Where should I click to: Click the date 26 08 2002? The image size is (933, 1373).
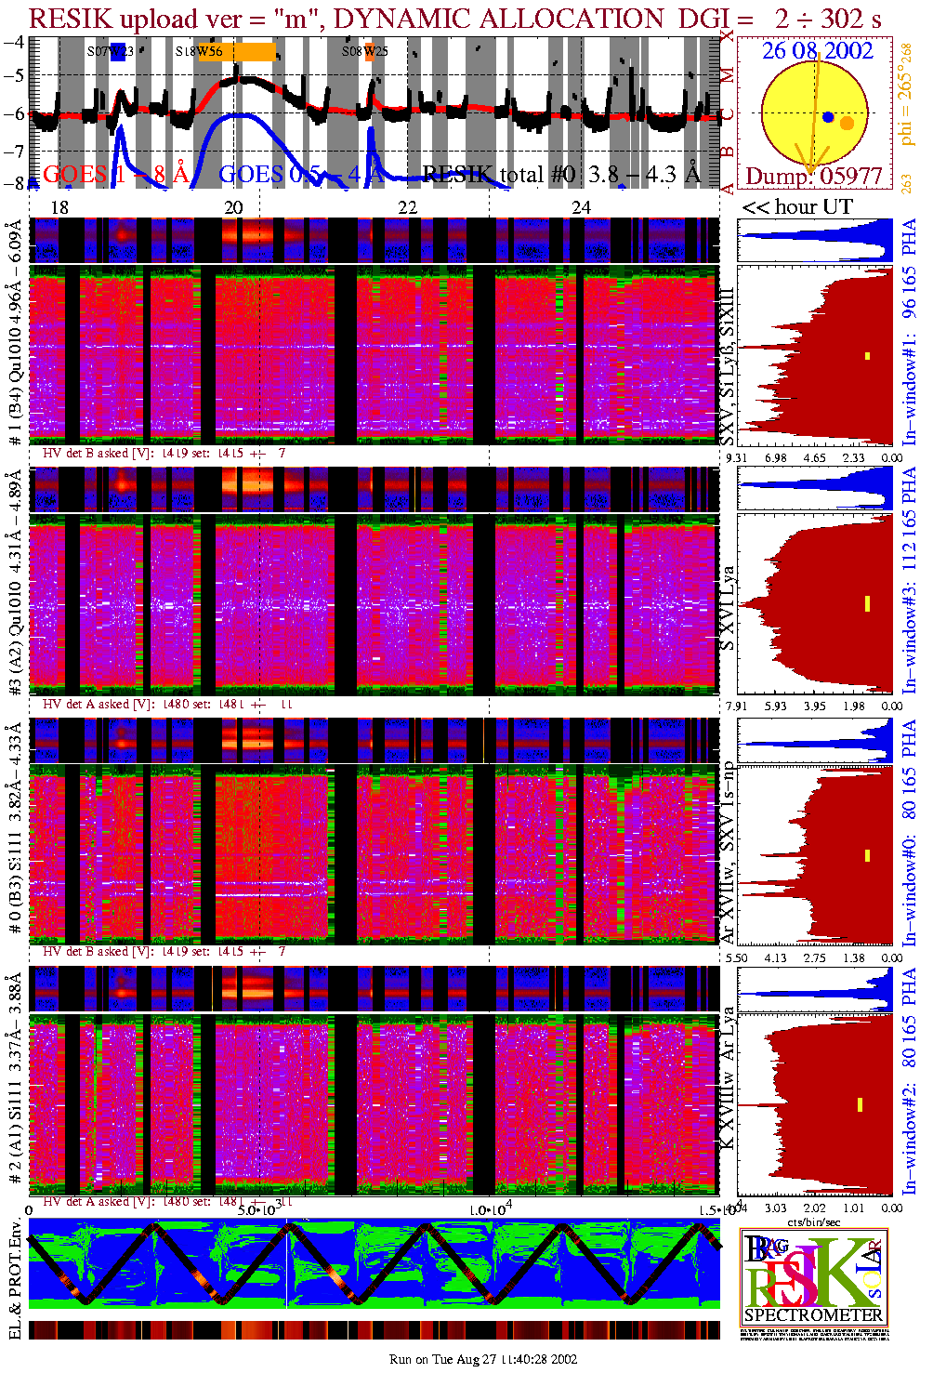(818, 51)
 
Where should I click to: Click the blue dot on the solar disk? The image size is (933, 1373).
(828, 117)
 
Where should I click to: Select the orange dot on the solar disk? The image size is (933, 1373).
(847, 123)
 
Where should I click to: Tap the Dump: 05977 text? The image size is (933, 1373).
(814, 177)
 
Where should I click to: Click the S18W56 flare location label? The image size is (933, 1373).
(199, 52)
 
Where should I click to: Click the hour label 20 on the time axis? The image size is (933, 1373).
(233, 207)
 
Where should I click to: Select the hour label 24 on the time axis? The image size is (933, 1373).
(581, 207)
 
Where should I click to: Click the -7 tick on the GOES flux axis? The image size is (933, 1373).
(14, 150)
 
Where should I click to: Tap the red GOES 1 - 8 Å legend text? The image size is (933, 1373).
(116, 174)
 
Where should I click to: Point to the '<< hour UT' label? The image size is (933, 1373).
(797, 207)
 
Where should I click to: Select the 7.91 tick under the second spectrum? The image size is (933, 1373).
(736, 706)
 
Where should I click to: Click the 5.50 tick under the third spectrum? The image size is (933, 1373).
(736, 957)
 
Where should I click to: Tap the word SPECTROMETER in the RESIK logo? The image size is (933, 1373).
(814, 1315)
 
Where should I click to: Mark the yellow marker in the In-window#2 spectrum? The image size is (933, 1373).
(860, 1104)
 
